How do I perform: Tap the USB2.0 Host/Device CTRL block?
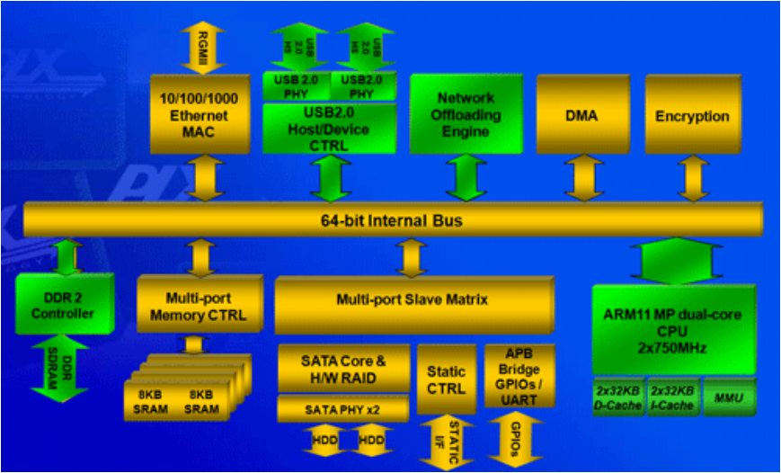tap(329, 129)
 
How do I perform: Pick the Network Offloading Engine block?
tap(466, 114)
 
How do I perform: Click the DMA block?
tap(581, 116)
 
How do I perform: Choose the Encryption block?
tap(691, 116)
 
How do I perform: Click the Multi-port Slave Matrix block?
tap(412, 299)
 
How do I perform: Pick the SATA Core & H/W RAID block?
tap(342, 368)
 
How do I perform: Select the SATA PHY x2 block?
tap(342, 407)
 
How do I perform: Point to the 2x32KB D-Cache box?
tap(617, 397)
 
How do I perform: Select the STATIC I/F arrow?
tap(446, 442)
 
